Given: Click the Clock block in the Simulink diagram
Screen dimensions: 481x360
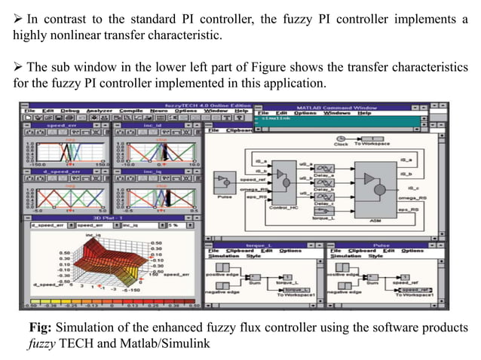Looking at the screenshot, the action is pos(362,138).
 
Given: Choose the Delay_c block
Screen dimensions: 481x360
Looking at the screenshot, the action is pos(326,200).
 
